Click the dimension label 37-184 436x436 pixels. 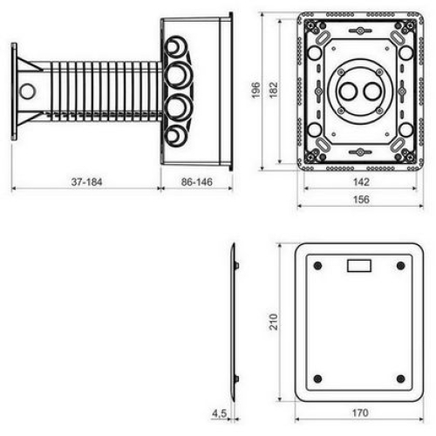pyautogui.click(x=86, y=182)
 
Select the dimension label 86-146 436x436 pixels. pyautogui.click(x=197, y=182)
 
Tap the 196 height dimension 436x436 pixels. pyautogui.click(x=255, y=90)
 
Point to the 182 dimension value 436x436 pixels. pyautogui.click(x=274, y=90)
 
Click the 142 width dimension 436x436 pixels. pyautogui.click(x=361, y=182)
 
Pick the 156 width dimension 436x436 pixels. pyautogui.click(x=361, y=200)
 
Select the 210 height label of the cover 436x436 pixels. pyautogui.click(x=274, y=322)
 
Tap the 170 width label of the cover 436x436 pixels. pyautogui.click(x=360, y=412)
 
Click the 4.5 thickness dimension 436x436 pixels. pyautogui.click(x=219, y=413)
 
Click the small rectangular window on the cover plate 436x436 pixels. pyautogui.click(x=359, y=266)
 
